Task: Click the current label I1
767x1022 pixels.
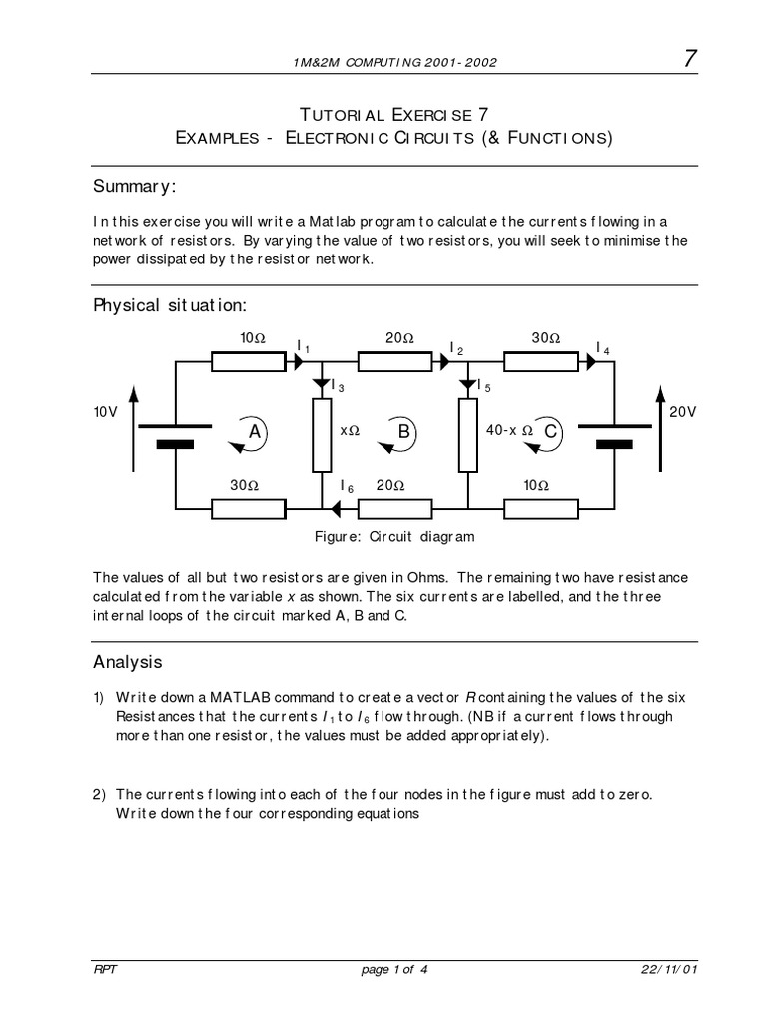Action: [304, 346]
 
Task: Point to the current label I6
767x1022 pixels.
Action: [347, 486]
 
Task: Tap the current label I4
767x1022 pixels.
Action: [603, 347]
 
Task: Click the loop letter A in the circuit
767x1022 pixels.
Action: [254, 431]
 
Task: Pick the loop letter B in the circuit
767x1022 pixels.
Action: [404, 431]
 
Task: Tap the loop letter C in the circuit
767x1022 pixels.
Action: [552, 431]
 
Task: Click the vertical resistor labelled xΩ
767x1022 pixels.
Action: [322, 435]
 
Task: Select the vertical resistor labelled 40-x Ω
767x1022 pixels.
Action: [467, 435]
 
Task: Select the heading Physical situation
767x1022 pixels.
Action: [169, 304]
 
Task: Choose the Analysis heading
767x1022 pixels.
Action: [127, 662]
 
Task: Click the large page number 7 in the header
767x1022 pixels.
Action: [689, 61]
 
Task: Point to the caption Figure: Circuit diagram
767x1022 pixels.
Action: [394, 536]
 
